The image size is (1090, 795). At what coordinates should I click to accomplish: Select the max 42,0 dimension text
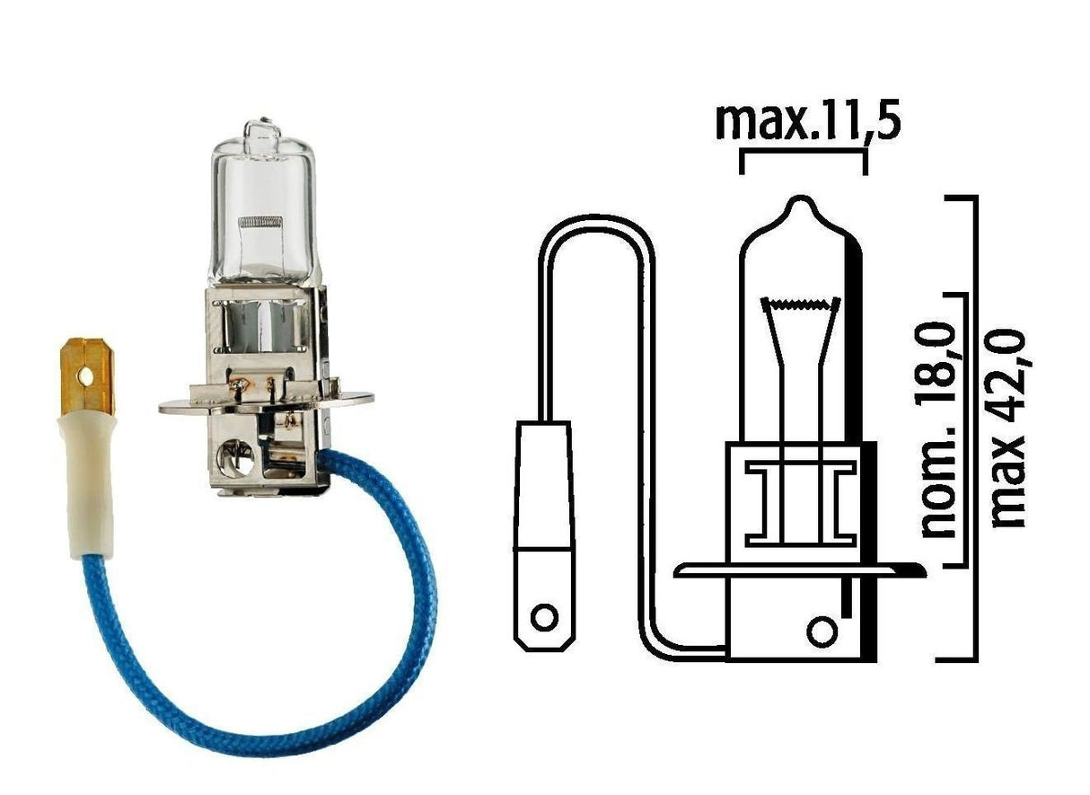tap(1010, 430)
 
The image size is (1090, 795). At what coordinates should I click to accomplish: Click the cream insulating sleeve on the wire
tap(90, 485)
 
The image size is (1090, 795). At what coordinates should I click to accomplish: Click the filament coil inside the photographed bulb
tap(259, 220)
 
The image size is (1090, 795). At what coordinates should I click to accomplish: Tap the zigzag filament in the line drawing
tap(801, 305)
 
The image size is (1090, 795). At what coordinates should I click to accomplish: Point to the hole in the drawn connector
tap(543, 618)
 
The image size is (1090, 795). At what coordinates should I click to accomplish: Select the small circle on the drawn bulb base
tap(820, 630)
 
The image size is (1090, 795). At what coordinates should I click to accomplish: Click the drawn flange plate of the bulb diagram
tap(790, 570)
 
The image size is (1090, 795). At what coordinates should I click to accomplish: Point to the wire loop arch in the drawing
tap(597, 225)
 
